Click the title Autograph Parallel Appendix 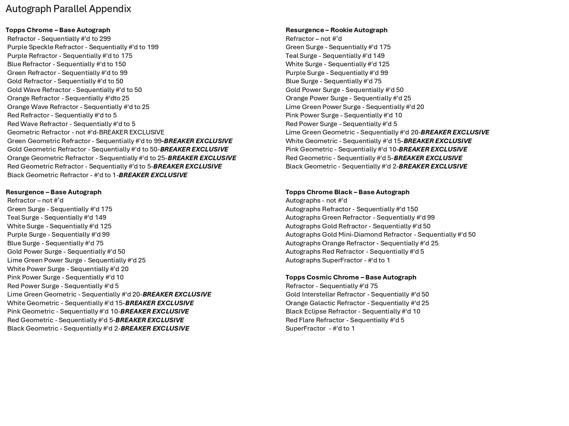point(68,9)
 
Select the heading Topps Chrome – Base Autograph point(58,30)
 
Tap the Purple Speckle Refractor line point(83,47)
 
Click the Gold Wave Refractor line point(74,90)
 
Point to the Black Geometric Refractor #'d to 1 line point(97,175)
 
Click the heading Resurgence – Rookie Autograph point(336,30)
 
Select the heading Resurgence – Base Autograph point(53,192)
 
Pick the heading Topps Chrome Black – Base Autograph point(347,192)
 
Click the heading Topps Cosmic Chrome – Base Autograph point(351,277)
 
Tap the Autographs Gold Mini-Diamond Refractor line point(380,234)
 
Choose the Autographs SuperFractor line point(338,260)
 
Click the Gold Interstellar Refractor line point(357,294)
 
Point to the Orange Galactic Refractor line point(357,303)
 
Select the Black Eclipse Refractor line point(353,311)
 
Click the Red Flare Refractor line point(345,320)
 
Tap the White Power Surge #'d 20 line point(68,269)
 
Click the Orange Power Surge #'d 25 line point(348,98)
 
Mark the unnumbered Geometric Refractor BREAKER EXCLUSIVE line point(86,132)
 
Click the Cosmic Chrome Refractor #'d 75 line point(332,286)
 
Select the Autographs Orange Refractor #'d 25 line point(362,243)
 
